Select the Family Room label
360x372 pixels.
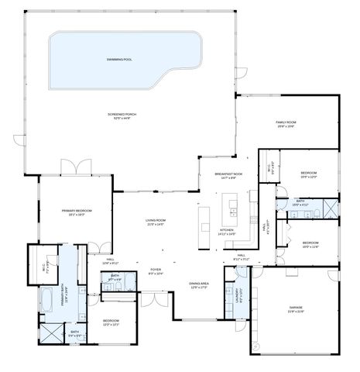click(x=287, y=123)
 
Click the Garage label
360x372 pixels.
click(x=296, y=309)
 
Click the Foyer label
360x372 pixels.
click(x=156, y=271)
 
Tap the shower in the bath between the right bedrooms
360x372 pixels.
click(x=329, y=208)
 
